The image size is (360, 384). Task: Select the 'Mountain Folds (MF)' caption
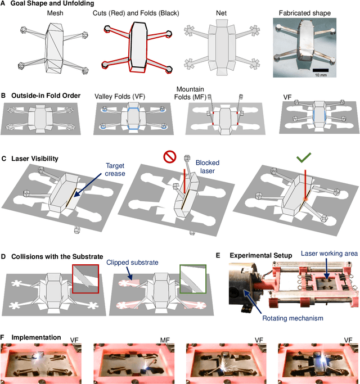(x=206, y=93)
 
